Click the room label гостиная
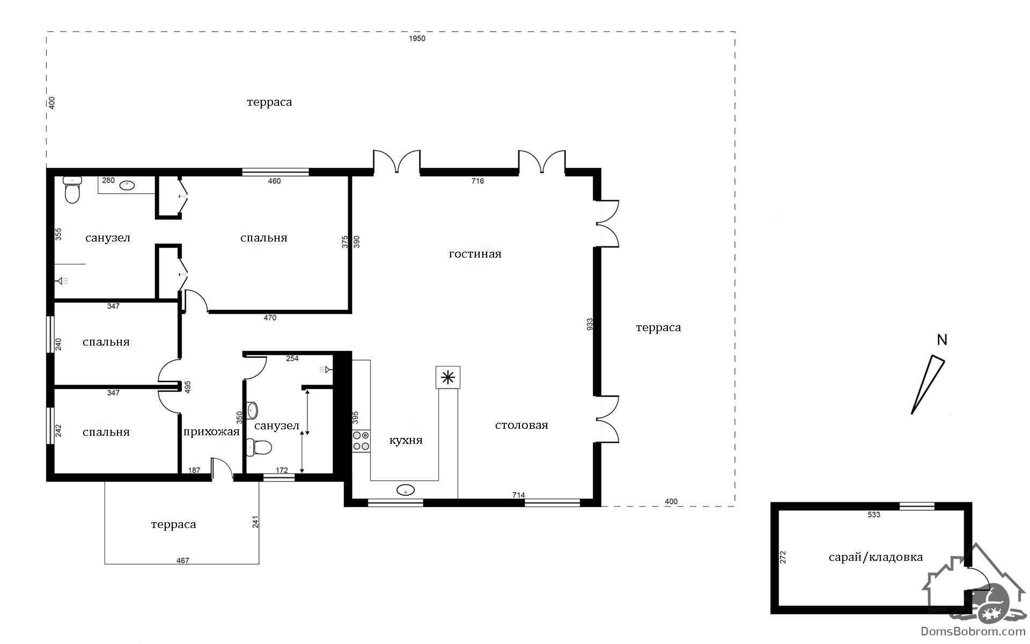[x=475, y=254]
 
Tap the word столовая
[x=521, y=425]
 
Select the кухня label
[x=406, y=441]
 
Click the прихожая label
[x=211, y=432]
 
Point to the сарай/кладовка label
[x=876, y=557]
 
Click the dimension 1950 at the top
[x=417, y=39]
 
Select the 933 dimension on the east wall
[x=590, y=324]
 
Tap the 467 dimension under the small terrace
[x=183, y=560]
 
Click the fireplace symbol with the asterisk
[x=448, y=378]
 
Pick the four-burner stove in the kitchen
[x=361, y=441]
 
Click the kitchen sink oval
[x=406, y=489]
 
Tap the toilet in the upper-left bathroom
[x=72, y=190]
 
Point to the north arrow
[x=928, y=385]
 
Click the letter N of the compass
[x=941, y=340]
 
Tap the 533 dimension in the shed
[x=874, y=515]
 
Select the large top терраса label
[x=269, y=102]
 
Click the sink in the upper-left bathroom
[x=127, y=186]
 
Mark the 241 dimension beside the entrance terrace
[x=255, y=522]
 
